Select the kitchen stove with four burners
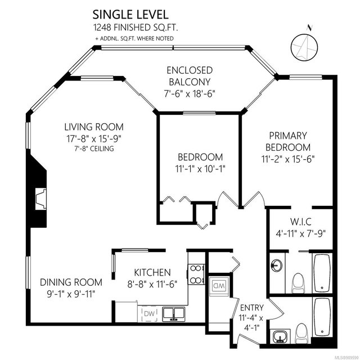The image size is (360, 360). tap(196, 274)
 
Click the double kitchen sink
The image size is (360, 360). tap(174, 314)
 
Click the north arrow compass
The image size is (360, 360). tap(305, 46)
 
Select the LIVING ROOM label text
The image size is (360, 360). tap(94, 127)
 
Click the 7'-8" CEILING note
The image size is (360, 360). tap(94, 148)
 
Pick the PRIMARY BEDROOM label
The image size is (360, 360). tap(288, 141)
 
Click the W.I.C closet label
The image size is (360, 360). tap(301, 222)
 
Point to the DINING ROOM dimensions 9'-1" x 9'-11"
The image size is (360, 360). tap(71, 294)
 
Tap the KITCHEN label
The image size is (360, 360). tap(152, 272)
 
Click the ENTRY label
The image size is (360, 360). tap(252, 308)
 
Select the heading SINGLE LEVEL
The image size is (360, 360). tap(130, 15)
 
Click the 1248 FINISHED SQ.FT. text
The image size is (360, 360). tap(136, 28)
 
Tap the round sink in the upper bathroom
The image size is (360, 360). tap(276, 265)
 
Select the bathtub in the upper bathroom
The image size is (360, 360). tap(322, 273)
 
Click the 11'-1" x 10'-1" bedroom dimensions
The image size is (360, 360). tap(200, 169)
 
